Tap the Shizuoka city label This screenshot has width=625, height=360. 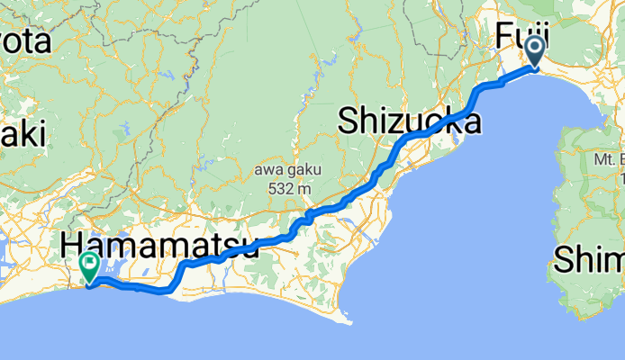point(409,122)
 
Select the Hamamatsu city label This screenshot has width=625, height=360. point(159,245)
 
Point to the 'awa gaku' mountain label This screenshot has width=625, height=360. point(285,171)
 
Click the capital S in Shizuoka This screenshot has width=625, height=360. point(349,122)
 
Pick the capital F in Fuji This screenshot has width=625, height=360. point(505,39)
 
